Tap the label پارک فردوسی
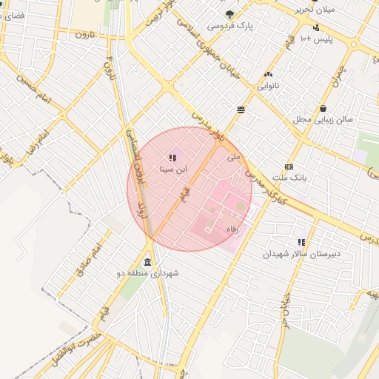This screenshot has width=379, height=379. pyautogui.click(x=229, y=26)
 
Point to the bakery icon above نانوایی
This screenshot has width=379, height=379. pyautogui.click(x=267, y=74)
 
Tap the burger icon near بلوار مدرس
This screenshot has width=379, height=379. pyautogui.click(x=241, y=110)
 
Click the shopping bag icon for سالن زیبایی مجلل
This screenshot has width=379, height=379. pyautogui.click(x=323, y=108)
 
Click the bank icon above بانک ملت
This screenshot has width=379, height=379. pyautogui.click(x=289, y=167)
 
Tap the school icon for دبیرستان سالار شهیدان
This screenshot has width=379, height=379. pyautogui.click(x=301, y=241)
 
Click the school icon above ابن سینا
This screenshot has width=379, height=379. pyautogui.click(x=172, y=158)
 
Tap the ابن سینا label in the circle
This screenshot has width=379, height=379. pyautogui.click(x=173, y=169)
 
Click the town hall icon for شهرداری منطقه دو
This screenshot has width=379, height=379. pyautogui.click(x=148, y=262)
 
